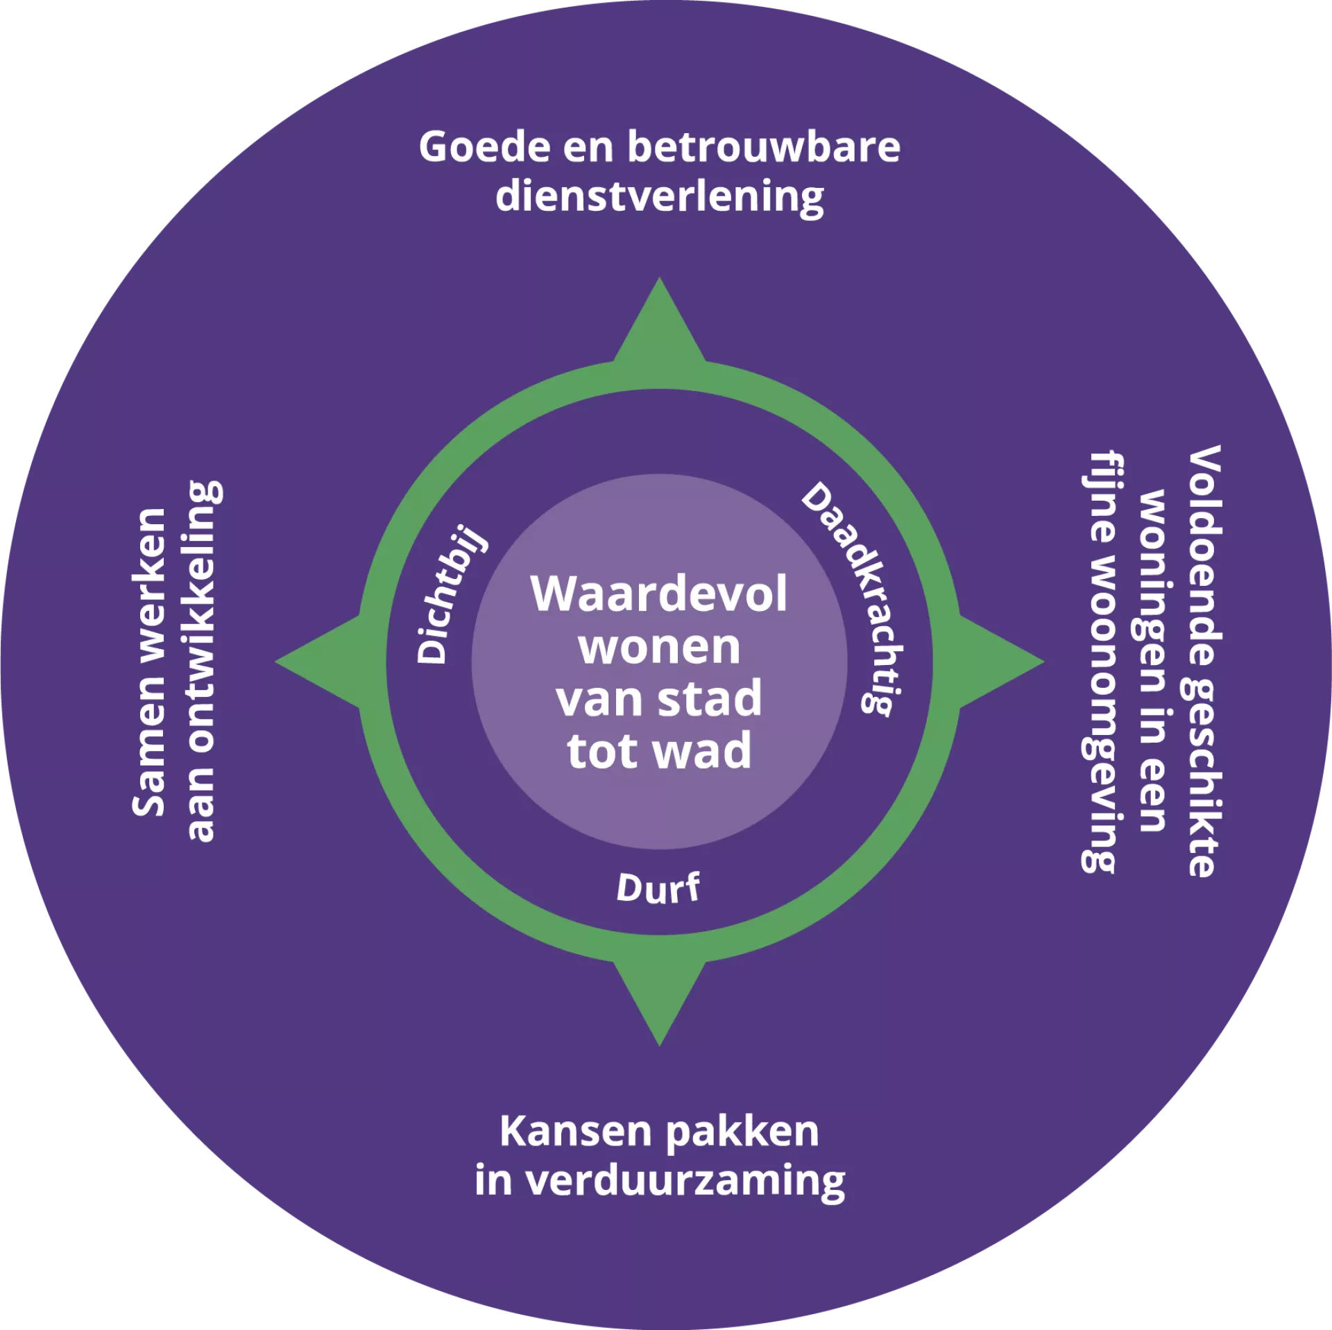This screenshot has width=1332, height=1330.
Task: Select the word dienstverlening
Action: pyautogui.click(x=659, y=197)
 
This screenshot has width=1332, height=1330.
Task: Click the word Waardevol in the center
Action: pyautogui.click(x=659, y=594)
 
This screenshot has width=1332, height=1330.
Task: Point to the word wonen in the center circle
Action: pyautogui.click(x=659, y=648)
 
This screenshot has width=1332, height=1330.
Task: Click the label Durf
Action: pyautogui.click(x=658, y=888)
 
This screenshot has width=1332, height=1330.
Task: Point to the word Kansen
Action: pyautogui.click(x=575, y=1132)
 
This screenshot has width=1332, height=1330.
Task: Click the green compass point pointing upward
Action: pyautogui.click(x=659, y=326)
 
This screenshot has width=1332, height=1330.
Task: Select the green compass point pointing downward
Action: pyautogui.click(x=659, y=999)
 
